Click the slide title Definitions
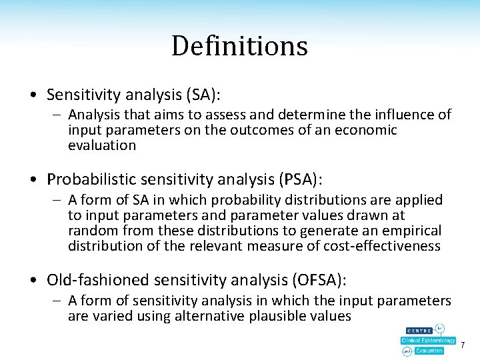[239, 46]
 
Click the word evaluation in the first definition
[101, 145]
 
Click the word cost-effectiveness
[375, 246]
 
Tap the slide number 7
[463, 345]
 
